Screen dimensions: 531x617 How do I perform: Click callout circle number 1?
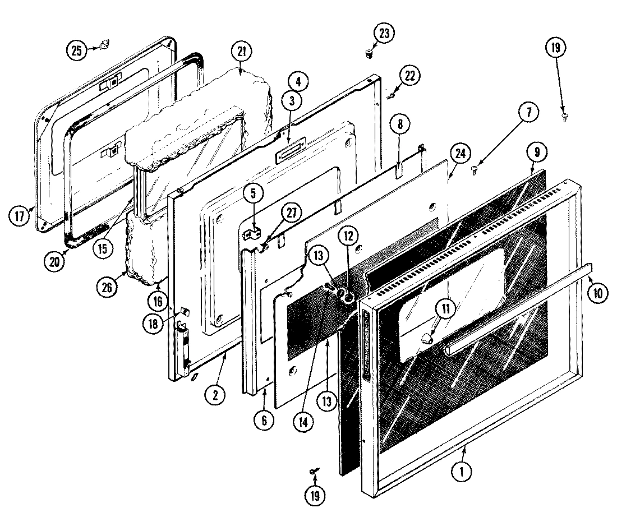[461, 472]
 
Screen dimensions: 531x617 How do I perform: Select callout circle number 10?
[599, 293]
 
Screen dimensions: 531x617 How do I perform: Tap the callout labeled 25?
[75, 50]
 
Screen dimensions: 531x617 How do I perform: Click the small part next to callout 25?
[104, 45]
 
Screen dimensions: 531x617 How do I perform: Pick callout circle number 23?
[383, 33]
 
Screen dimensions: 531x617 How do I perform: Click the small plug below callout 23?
[369, 54]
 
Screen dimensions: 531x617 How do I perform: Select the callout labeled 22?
[408, 76]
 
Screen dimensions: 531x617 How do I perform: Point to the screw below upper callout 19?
[564, 116]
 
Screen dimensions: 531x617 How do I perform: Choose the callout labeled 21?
[242, 52]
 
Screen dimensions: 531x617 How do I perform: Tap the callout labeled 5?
[254, 194]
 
